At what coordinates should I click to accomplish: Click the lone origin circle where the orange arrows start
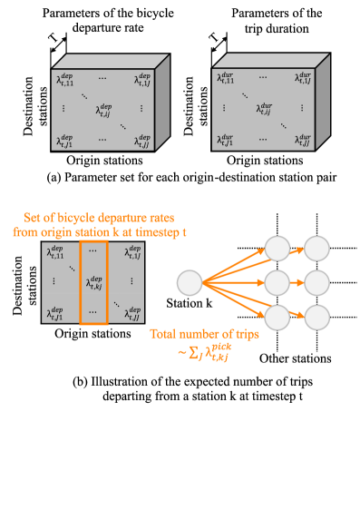(190, 283)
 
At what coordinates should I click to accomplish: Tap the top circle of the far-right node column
(316, 248)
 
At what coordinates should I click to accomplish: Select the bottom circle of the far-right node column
(316, 318)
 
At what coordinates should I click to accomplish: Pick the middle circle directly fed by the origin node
(277, 283)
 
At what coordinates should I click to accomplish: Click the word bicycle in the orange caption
(72, 219)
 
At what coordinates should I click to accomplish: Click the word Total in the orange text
(168, 334)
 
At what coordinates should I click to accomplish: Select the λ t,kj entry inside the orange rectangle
(93, 281)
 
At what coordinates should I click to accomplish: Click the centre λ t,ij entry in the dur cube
(263, 110)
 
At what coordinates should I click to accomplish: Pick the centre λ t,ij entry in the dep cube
(102, 111)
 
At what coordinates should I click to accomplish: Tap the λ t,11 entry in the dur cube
(225, 78)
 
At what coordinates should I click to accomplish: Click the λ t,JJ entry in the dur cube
(303, 140)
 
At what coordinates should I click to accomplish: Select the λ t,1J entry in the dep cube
(142, 80)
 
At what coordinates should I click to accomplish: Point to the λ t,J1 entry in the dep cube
(64, 142)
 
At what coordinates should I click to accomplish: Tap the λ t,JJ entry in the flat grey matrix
(132, 314)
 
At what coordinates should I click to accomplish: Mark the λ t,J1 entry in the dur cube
(225, 140)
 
